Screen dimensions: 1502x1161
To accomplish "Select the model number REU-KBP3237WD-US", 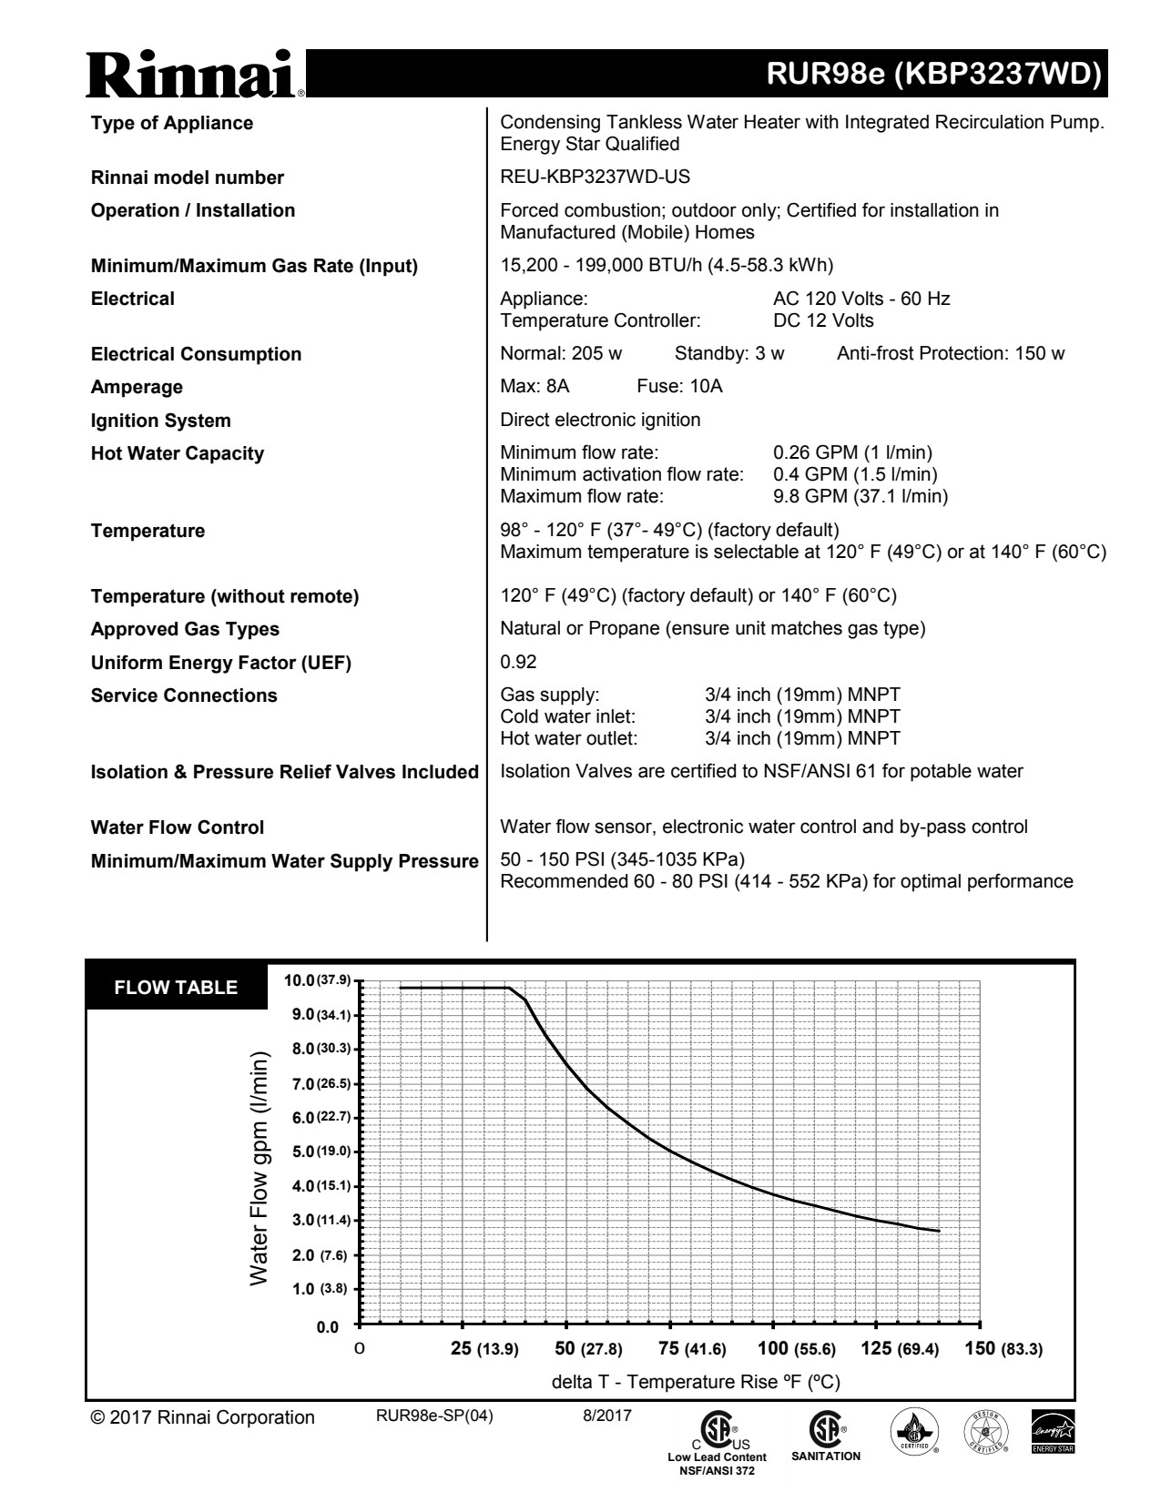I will point(588,178).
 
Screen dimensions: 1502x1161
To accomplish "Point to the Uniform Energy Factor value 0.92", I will point(518,663).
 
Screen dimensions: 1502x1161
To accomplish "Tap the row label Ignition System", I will point(160,421).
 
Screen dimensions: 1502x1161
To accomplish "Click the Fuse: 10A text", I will point(679,387).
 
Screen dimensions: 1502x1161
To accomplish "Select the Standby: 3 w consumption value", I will point(728,354).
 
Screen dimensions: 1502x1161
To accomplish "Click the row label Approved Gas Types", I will point(185,630).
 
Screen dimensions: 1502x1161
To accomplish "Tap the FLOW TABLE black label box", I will point(176,988).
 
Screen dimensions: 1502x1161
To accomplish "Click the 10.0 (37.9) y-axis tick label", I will point(317,980).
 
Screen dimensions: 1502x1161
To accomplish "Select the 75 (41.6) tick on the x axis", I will point(692,1349).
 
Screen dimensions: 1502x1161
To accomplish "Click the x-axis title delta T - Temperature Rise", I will point(696,1382).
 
